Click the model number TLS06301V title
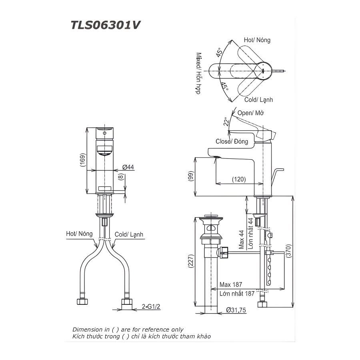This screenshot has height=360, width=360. pos(106,25)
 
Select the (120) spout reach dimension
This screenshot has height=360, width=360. pos(239,180)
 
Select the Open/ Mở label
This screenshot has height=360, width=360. pos(251,113)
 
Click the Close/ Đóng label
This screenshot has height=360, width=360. pos(232,141)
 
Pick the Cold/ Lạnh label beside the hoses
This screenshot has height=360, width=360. pos(129,235)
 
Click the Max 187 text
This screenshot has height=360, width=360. pos(232,285)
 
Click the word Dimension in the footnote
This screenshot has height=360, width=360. pos(86,329)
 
